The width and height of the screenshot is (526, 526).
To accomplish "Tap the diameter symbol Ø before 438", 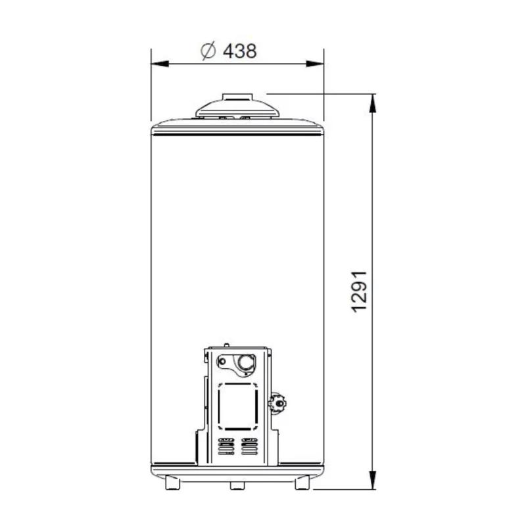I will [208, 51].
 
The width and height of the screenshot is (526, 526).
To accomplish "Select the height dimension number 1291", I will [358, 291].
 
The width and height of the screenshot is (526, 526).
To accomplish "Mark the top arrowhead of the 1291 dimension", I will [373, 99].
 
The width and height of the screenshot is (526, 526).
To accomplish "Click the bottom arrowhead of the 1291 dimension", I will [373, 485].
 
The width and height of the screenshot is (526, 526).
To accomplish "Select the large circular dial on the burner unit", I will [245, 362].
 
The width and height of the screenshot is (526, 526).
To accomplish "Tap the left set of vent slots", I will [226, 448].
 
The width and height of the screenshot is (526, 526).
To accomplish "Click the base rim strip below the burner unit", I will [237, 471].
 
